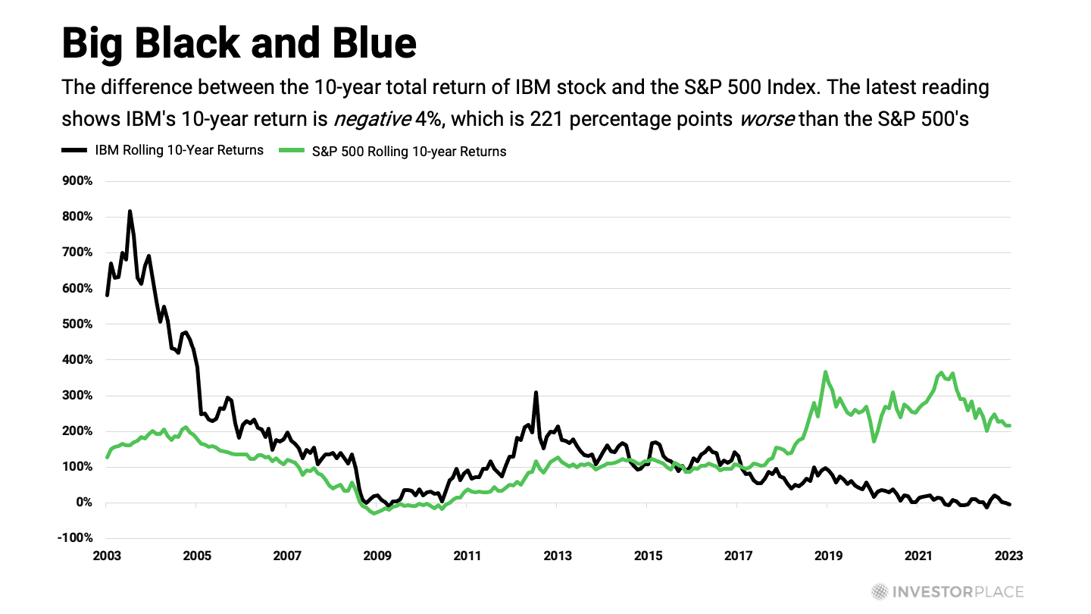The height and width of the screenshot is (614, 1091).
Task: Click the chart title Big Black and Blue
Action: coord(239,42)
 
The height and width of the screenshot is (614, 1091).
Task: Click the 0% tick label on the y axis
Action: coord(83,503)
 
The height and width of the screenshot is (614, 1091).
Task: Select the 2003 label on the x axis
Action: coord(107,556)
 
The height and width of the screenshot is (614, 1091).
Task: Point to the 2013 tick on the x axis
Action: coord(558,556)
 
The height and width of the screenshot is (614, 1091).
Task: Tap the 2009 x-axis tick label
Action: coord(378,556)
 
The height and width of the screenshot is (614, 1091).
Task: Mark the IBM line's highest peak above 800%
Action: coord(130,211)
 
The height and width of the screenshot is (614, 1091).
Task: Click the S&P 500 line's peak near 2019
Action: coord(825,372)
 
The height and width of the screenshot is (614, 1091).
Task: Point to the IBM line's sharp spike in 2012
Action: coord(536,393)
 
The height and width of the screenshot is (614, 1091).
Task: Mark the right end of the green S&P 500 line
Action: coord(1009,425)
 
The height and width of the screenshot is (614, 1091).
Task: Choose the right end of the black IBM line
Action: coord(1009,504)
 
